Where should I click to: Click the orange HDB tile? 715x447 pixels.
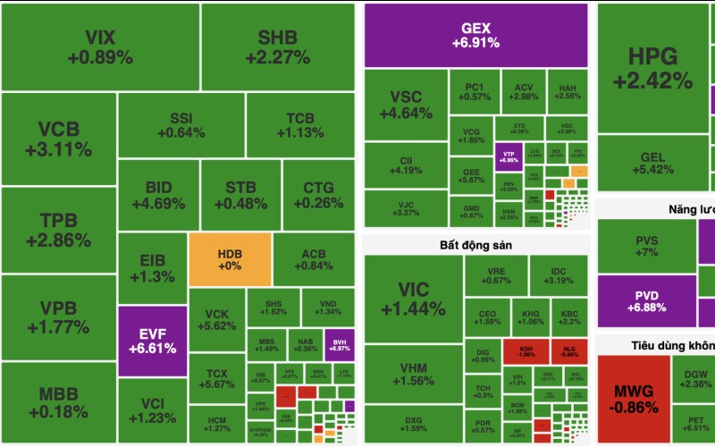[x=230, y=259]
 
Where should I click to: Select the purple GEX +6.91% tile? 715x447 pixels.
[x=475, y=35]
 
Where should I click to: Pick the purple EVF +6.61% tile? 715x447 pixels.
[x=152, y=341]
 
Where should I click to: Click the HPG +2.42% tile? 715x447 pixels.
[x=652, y=68]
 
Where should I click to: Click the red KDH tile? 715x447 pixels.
[x=525, y=350]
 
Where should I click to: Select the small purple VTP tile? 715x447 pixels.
[x=509, y=156]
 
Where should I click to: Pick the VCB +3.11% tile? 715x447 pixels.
[x=59, y=139]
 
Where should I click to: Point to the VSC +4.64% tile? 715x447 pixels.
[x=406, y=105]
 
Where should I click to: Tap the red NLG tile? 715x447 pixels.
[x=569, y=350]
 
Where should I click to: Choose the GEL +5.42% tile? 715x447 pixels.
[x=652, y=163]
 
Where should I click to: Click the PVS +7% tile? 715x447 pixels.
[x=646, y=246]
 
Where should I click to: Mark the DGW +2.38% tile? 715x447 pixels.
[x=695, y=378]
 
